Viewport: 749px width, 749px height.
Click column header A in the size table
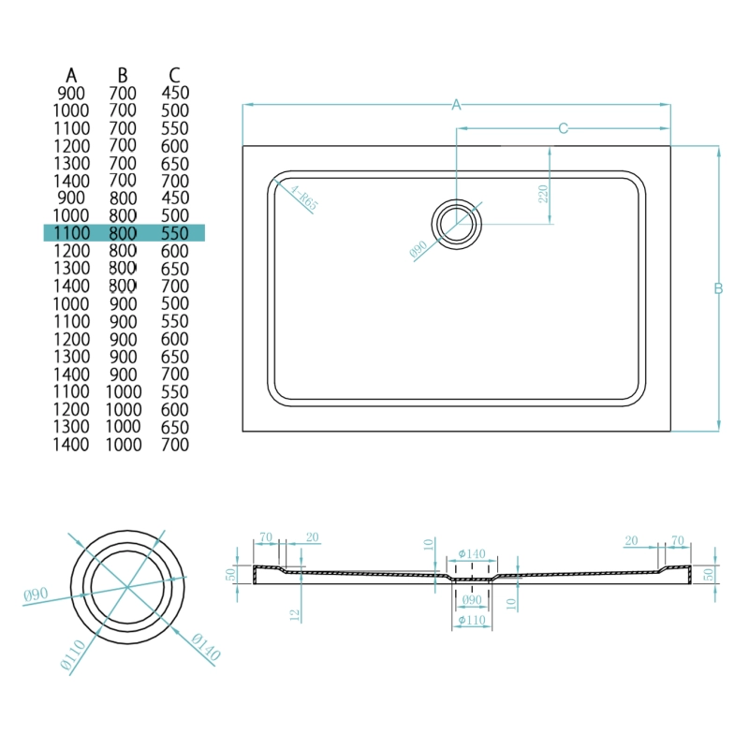pyautogui.click(x=71, y=76)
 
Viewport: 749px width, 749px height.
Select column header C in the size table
pyautogui.click(x=174, y=76)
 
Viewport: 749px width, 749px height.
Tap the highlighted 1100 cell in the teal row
pyautogui.click(x=71, y=233)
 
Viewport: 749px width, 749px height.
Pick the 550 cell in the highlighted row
pyautogui.click(x=175, y=233)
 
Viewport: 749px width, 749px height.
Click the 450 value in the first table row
pyautogui.click(x=175, y=93)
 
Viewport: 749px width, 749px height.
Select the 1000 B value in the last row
pyautogui.click(x=124, y=444)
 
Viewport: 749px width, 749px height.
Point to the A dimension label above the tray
pyautogui.click(x=456, y=105)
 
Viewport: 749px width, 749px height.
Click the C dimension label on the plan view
pyautogui.click(x=564, y=128)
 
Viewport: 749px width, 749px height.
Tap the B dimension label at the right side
pyautogui.click(x=718, y=288)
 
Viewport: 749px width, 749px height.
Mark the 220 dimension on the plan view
pyautogui.click(x=543, y=194)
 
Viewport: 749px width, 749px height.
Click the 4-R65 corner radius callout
pyautogui.click(x=303, y=198)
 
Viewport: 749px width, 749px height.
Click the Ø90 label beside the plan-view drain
pyautogui.click(x=419, y=249)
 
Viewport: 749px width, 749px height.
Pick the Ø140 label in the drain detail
pyautogui.click(x=206, y=647)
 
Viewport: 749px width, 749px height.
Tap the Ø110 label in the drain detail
pyautogui.click(x=73, y=654)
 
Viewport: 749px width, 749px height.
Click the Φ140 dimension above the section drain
pyautogui.click(x=472, y=553)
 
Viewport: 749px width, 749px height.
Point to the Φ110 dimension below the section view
pyautogui.click(x=472, y=620)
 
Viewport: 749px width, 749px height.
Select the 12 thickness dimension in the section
pyautogui.click(x=295, y=615)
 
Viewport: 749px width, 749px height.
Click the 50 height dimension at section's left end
pyautogui.click(x=230, y=574)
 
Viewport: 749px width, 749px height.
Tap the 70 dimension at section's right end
pyautogui.click(x=678, y=540)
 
